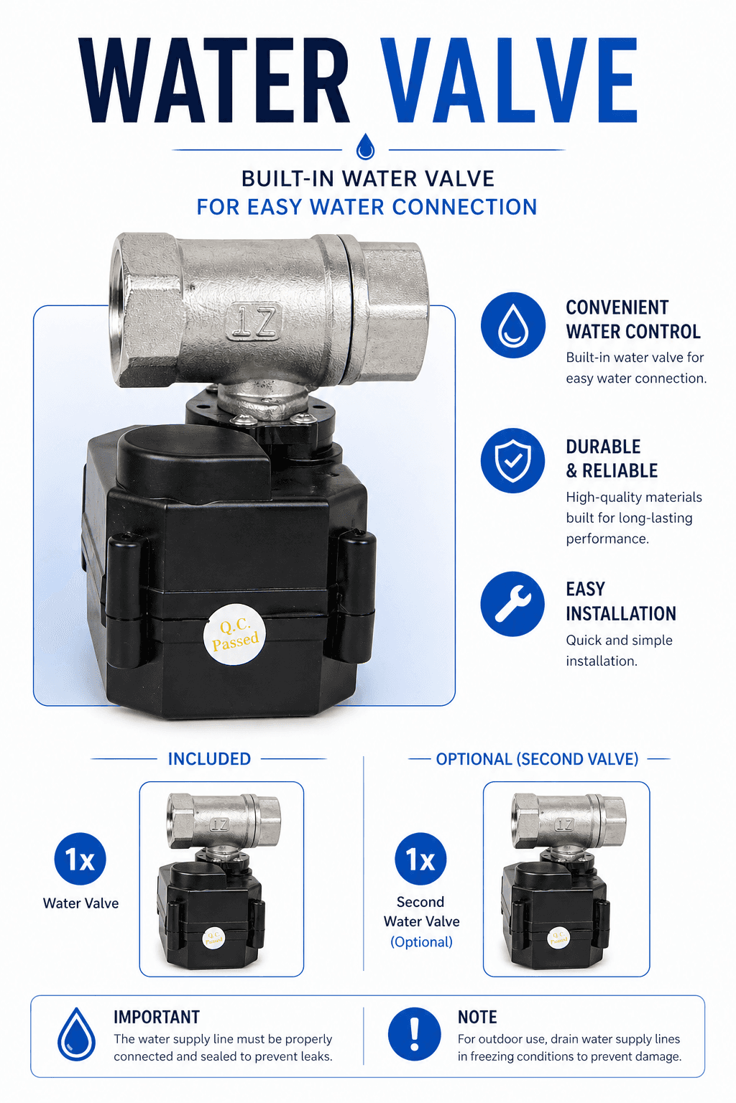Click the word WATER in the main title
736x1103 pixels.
(213, 80)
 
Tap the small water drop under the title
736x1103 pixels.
(365, 146)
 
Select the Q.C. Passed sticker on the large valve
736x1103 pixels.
(234, 634)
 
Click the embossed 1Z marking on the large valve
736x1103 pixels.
(254, 322)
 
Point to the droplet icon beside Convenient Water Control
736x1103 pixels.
(512, 325)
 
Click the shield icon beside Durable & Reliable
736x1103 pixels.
(512, 460)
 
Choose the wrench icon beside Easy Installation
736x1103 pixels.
(512, 604)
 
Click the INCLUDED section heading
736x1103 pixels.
(209, 759)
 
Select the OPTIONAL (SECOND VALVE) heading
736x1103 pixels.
(537, 759)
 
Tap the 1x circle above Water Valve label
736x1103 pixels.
(80, 860)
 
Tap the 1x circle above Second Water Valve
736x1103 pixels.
(420, 860)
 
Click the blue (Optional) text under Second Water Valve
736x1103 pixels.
(421, 942)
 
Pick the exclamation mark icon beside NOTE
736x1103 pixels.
(415, 1034)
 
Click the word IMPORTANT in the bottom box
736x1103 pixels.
(156, 1017)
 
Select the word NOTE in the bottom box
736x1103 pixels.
(477, 1017)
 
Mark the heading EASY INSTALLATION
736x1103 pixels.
(621, 601)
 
